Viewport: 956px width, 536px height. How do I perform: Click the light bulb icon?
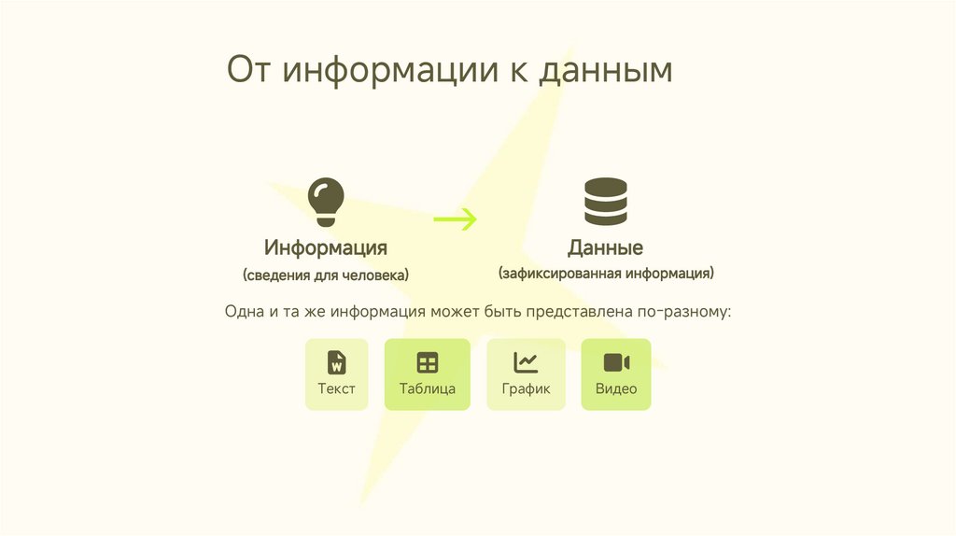point(325,202)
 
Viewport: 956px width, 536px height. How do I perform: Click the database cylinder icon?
point(605,202)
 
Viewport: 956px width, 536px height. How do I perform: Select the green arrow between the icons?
point(455,219)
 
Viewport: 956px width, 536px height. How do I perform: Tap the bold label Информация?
point(325,247)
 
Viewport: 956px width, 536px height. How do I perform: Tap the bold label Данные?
point(605,248)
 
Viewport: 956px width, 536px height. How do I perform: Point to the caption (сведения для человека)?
point(325,275)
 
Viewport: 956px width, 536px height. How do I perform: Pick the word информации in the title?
point(389,71)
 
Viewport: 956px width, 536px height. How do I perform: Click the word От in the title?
point(249,71)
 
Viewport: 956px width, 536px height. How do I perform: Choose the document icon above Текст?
point(336,362)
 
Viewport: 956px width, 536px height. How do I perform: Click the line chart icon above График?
point(526,362)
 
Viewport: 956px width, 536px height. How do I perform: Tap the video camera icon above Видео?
point(616,362)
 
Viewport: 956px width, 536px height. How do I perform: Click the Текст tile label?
point(336,388)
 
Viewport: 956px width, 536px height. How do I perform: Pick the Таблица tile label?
point(427,388)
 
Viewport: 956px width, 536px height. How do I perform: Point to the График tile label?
point(526,388)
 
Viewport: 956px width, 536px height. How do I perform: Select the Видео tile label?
point(616,388)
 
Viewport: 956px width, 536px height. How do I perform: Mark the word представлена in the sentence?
point(570,311)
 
